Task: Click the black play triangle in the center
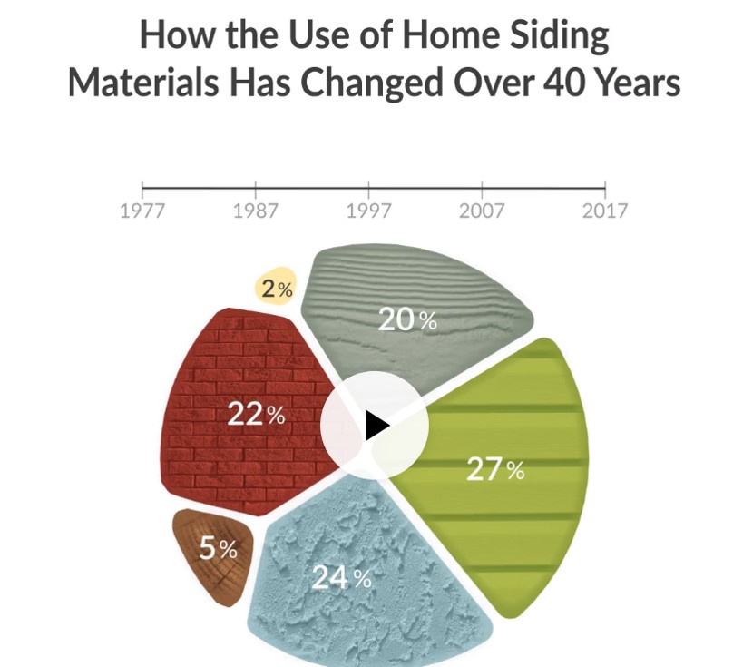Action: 376,426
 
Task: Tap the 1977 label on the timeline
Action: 142,211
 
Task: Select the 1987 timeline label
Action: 255,211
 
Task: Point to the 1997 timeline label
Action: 368,211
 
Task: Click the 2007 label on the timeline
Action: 482,211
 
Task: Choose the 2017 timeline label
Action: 604,211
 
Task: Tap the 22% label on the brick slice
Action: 256,415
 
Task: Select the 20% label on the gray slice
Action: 407,320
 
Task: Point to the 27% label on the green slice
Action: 495,469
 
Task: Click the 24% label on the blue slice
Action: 341,577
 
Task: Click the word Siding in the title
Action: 559,36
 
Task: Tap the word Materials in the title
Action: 143,83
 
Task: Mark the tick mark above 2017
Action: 605,190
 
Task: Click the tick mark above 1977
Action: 142,190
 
